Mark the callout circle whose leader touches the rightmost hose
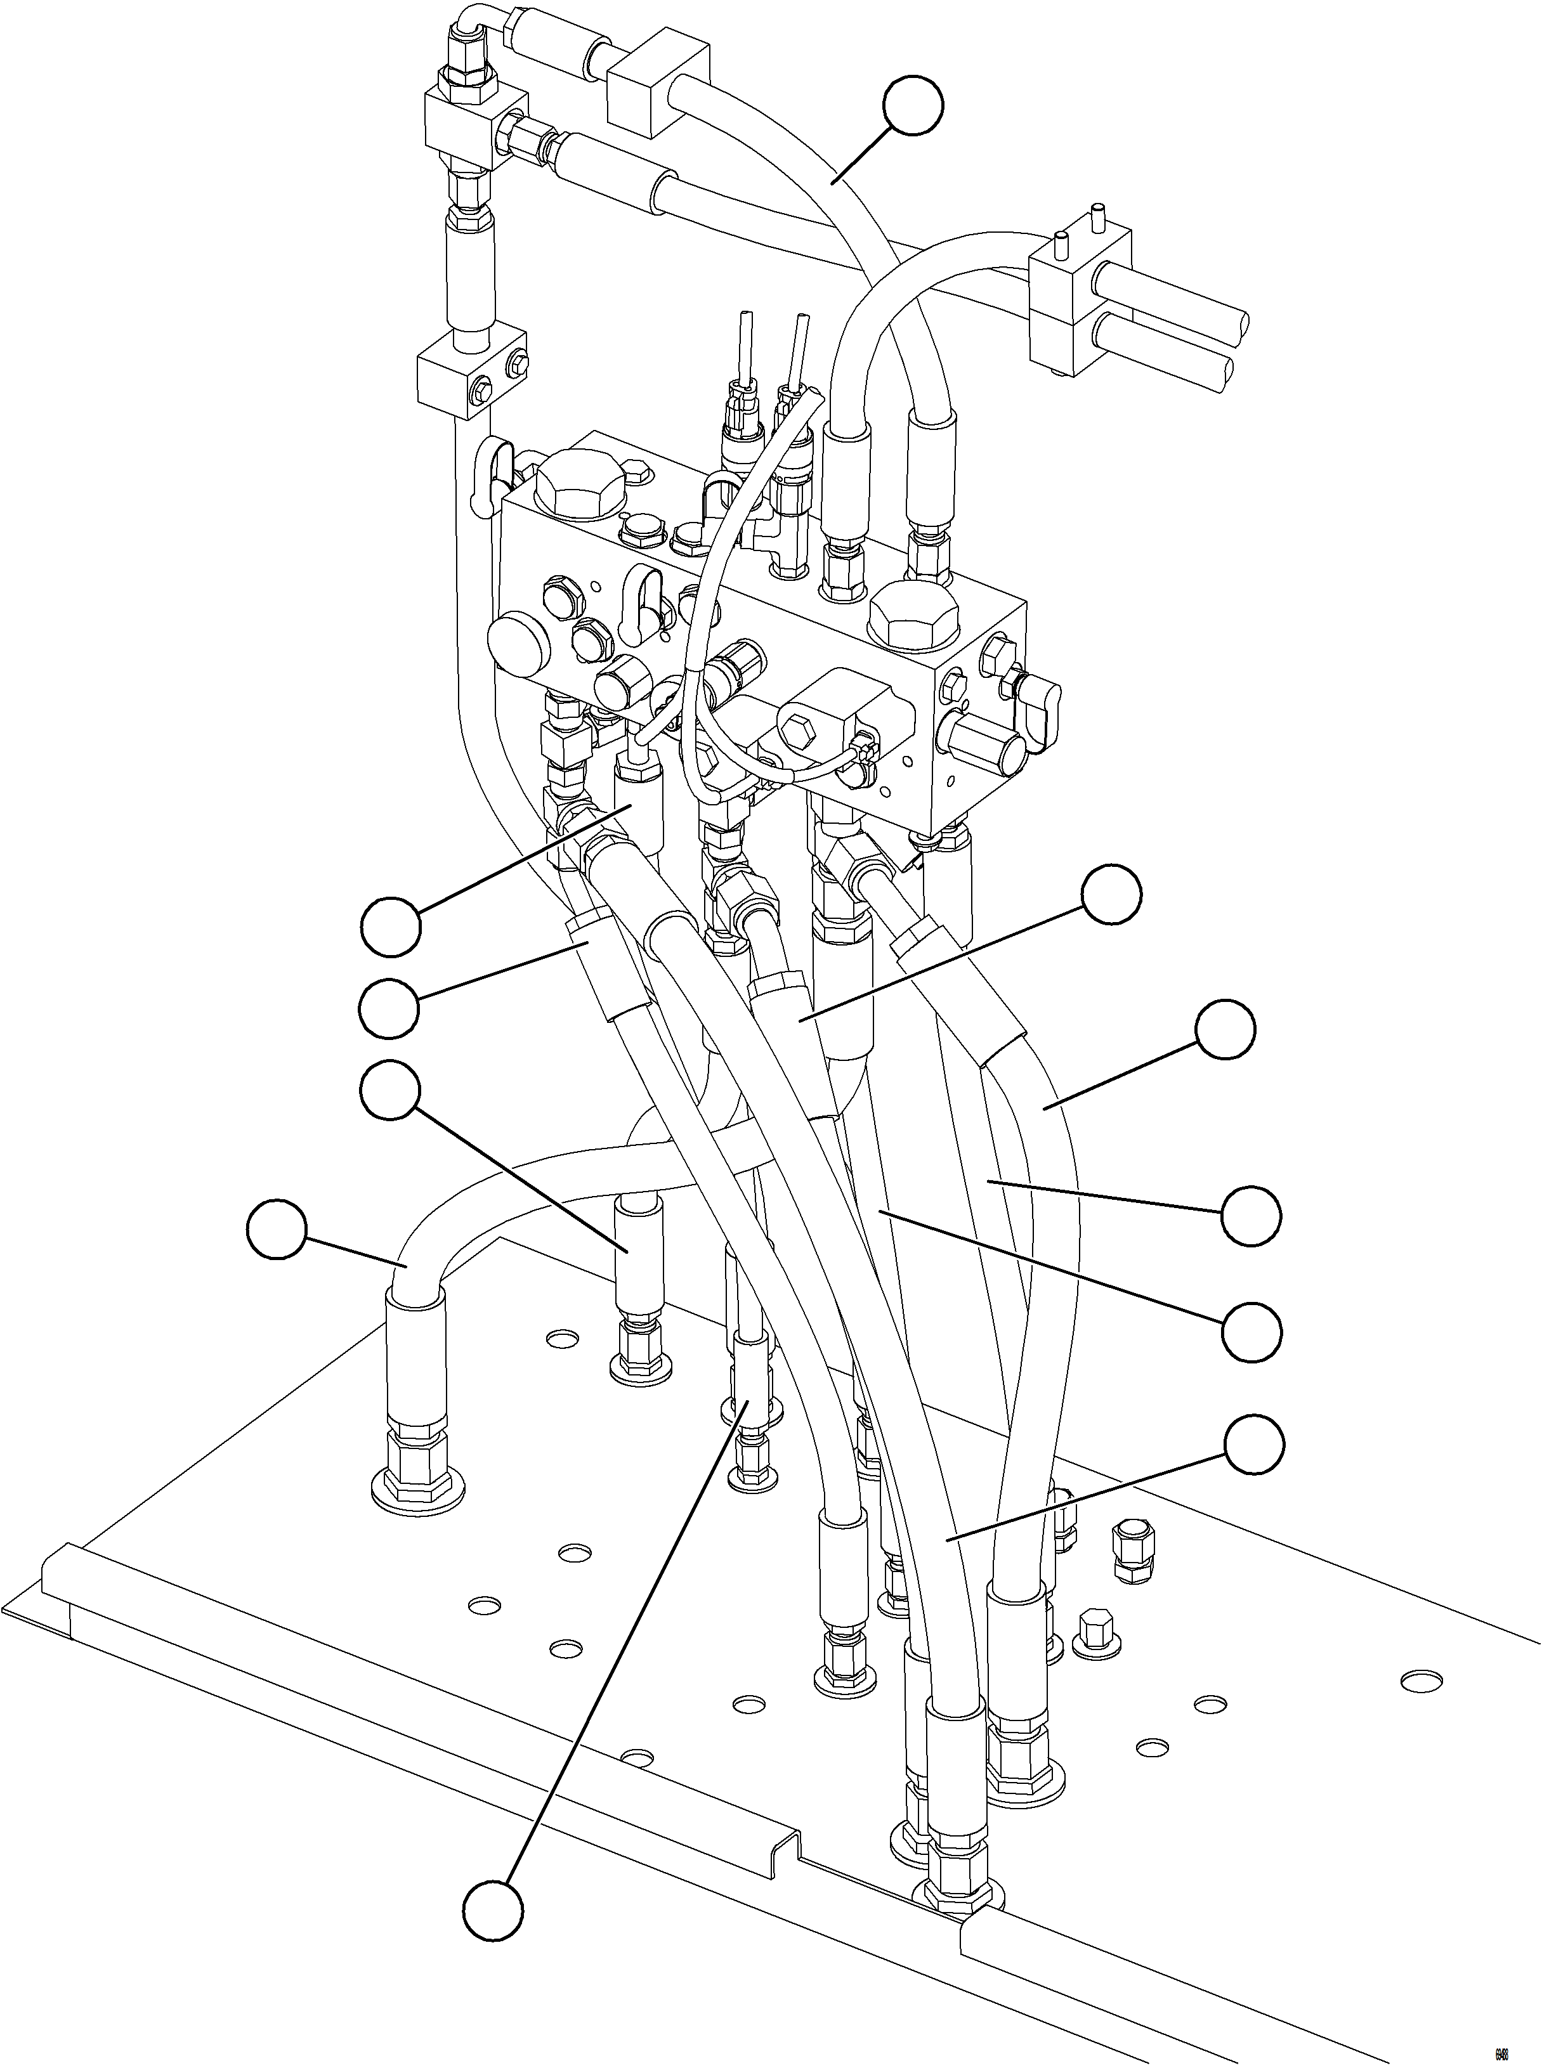tap(1225, 1031)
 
